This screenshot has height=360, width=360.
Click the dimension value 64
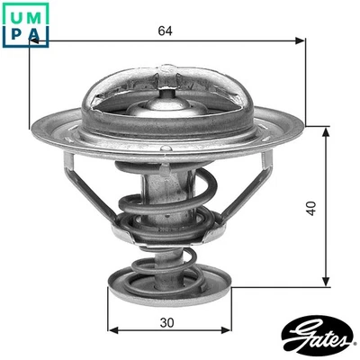click(x=165, y=31)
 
